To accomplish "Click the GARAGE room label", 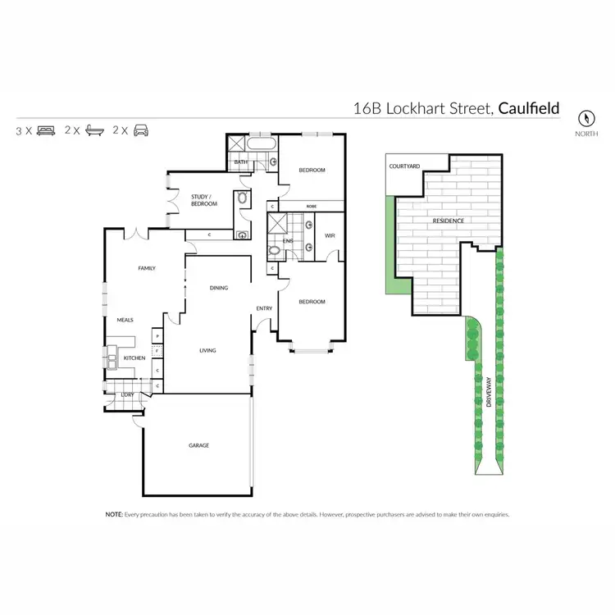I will click(198, 445).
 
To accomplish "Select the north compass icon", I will click(586, 117).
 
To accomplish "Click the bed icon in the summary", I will click(46, 130).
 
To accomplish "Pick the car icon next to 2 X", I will click(141, 130).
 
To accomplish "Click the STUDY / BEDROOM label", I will click(204, 199).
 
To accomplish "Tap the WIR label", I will click(330, 236).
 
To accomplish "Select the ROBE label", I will click(312, 206).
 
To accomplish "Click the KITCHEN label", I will click(134, 358).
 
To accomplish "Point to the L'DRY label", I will click(127, 395).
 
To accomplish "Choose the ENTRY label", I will click(264, 308).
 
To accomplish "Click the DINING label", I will click(218, 288).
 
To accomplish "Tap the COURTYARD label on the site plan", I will click(404, 166).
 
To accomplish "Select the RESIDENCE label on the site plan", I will click(449, 221).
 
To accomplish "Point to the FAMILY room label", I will click(147, 268).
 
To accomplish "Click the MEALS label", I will click(125, 320).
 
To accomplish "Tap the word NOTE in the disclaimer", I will click(113, 514).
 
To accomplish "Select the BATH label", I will click(241, 162).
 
